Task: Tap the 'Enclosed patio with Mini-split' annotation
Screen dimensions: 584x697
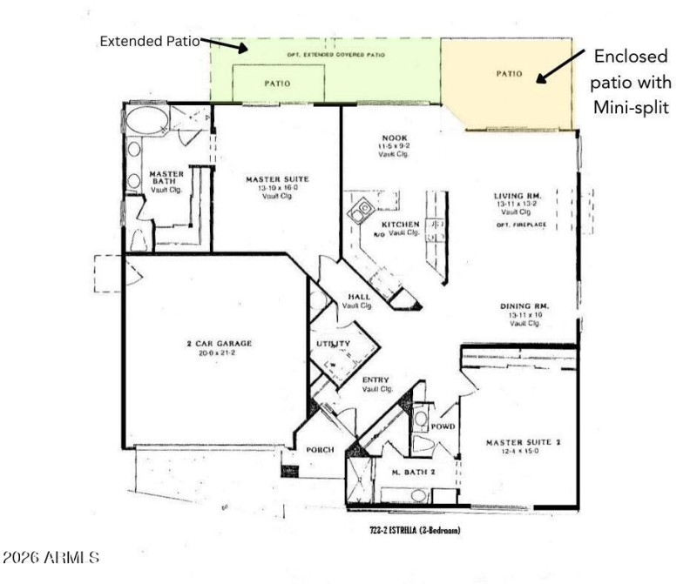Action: pyautogui.click(x=632, y=82)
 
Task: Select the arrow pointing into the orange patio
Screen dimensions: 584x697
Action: pyautogui.click(x=559, y=67)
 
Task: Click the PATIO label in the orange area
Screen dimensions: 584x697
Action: pyautogui.click(x=509, y=74)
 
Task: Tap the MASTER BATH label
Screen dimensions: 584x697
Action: pyautogui.click(x=166, y=178)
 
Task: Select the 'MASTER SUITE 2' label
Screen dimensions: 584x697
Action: pyautogui.click(x=523, y=443)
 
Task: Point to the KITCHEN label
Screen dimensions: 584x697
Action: pyautogui.click(x=400, y=225)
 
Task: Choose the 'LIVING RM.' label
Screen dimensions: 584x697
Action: pyautogui.click(x=518, y=197)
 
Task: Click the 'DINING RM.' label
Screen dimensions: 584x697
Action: pyautogui.click(x=524, y=306)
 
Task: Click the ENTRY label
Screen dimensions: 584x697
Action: pyautogui.click(x=375, y=379)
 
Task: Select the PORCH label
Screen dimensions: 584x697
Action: pyautogui.click(x=321, y=450)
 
